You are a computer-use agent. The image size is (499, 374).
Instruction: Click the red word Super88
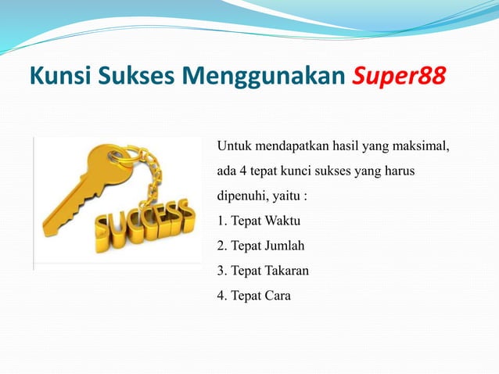pyautogui.click(x=399, y=77)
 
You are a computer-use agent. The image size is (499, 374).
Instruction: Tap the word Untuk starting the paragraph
pyautogui.click(x=234, y=146)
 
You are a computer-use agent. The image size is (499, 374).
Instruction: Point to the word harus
pyautogui.click(x=397, y=171)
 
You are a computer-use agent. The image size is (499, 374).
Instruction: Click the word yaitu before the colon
pyautogui.click(x=289, y=196)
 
